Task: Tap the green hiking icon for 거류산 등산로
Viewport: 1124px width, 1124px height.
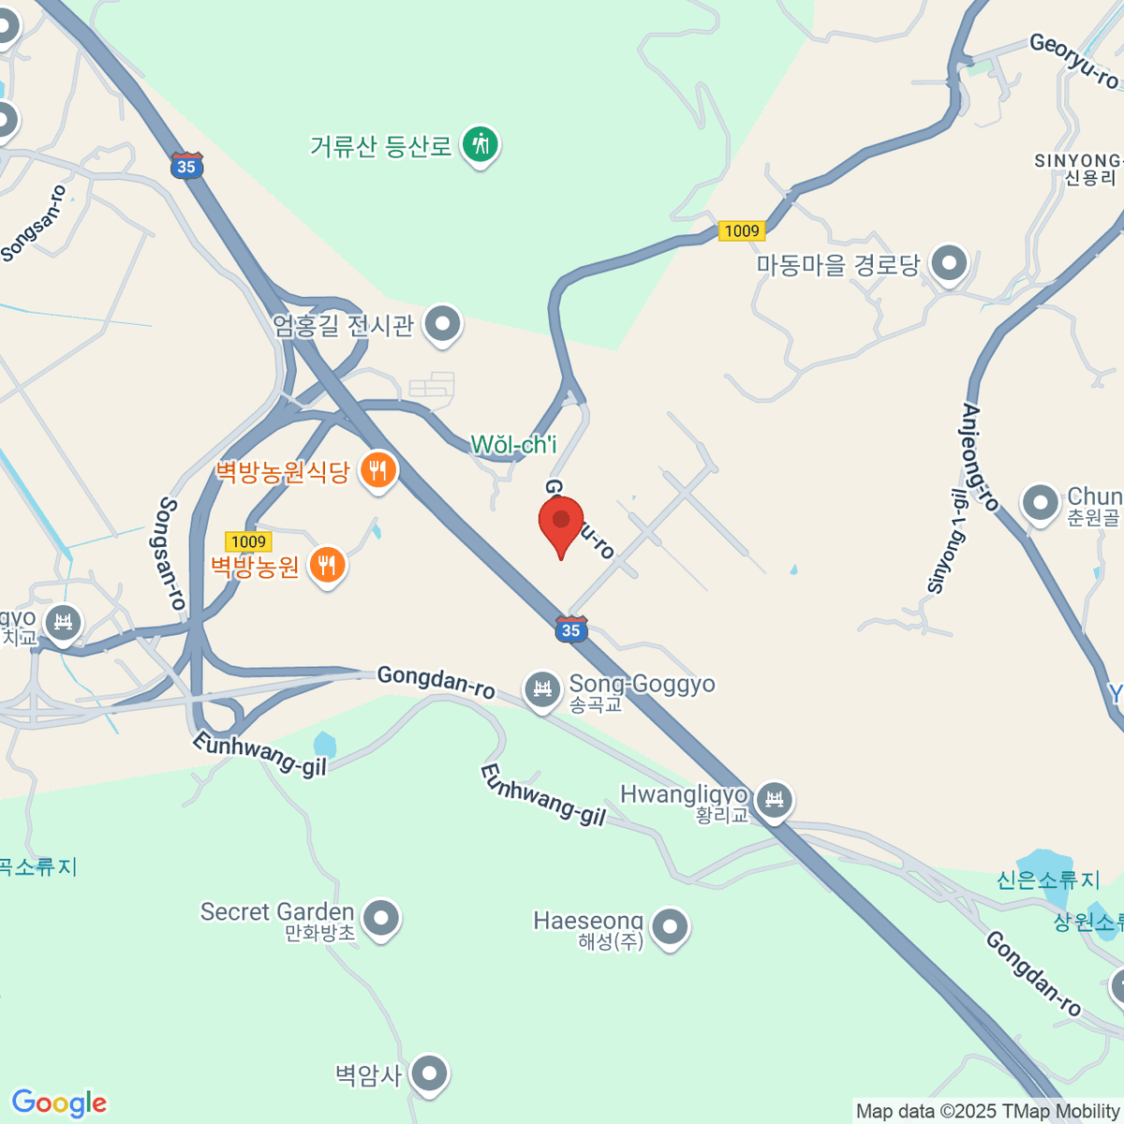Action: (481, 144)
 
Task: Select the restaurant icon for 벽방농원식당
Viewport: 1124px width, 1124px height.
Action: (377, 469)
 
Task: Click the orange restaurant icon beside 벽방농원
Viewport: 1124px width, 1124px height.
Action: (326, 565)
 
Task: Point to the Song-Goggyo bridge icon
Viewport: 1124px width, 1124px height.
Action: (541, 689)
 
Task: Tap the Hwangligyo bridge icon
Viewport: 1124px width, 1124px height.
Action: (774, 800)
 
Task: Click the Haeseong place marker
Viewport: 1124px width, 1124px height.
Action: (669, 927)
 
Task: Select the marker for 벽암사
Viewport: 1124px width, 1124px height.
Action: (429, 1072)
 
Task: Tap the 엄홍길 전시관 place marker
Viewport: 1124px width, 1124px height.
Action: (442, 324)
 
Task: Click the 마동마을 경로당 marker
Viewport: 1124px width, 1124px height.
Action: (949, 263)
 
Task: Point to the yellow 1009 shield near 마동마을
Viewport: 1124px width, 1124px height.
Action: (742, 230)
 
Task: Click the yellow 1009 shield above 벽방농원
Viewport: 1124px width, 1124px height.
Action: (248, 541)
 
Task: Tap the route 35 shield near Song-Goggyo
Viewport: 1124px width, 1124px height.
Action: (571, 629)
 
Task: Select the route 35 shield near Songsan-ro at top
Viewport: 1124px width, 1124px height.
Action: (186, 166)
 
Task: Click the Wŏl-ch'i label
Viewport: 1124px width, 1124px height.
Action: (513, 445)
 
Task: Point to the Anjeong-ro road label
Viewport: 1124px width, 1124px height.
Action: (981, 457)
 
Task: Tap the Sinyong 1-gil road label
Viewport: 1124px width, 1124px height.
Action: (946, 541)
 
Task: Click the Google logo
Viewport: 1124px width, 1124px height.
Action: (59, 1103)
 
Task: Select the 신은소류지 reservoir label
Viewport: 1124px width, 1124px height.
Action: (1047, 880)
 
